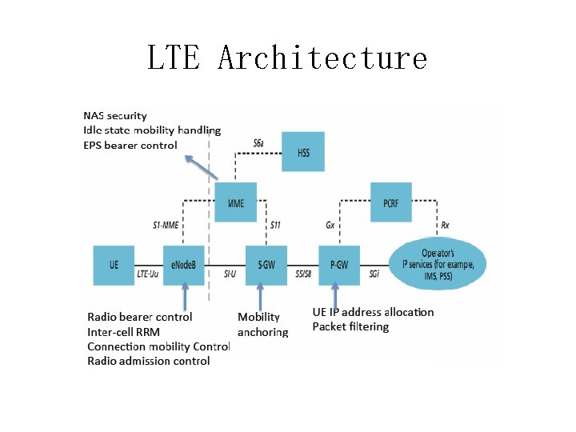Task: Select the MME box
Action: [x=235, y=202]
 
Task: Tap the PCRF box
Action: [x=390, y=202]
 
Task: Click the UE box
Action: [x=114, y=263]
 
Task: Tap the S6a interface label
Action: [x=259, y=143]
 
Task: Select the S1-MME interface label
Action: [x=166, y=226]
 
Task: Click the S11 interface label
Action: [x=275, y=226]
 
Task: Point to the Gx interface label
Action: [x=330, y=226]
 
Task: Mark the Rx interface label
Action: [x=445, y=226]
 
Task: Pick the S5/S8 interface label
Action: [x=302, y=274]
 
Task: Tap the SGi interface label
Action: [x=374, y=274]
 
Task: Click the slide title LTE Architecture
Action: [x=287, y=58]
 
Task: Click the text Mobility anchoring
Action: [x=262, y=324]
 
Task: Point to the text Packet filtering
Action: [x=350, y=327]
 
